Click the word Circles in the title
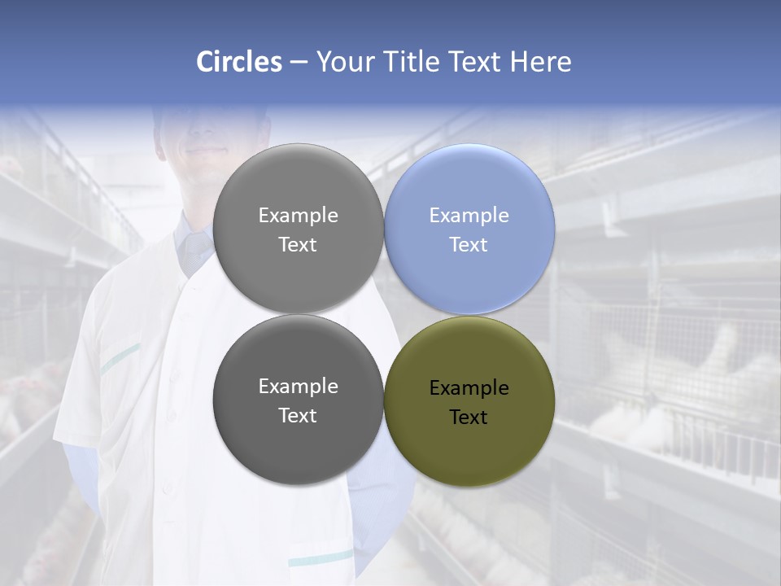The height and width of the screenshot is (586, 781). click(x=239, y=62)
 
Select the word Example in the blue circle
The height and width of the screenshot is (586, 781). click(x=469, y=216)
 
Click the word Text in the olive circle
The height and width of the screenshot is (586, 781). click(x=469, y=418)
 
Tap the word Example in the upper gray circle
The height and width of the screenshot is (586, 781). click(x=298, y=216)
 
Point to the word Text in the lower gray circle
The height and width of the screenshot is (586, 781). click(x=298, y=416)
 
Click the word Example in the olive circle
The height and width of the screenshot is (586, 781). click(x=469, y=388)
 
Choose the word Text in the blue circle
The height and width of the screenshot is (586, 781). click(x=469, y=245)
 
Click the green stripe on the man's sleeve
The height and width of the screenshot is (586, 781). click(x=120, y=358)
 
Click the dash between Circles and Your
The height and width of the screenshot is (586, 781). click(x=299, y=62)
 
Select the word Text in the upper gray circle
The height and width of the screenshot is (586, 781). click(x=298, y=245)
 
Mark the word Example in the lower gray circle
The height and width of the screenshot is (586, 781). click(x=298, y=387)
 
